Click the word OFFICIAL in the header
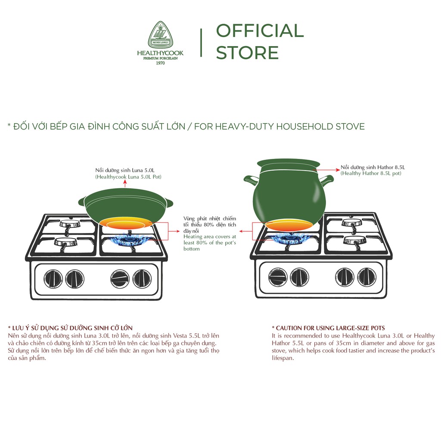coord(260,31)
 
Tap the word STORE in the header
coord(247,53)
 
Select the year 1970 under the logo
coord(160,63)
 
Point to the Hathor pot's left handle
coord(250,179)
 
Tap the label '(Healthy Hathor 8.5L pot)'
coord(371,173)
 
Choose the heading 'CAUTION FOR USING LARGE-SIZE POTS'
coord(328,328)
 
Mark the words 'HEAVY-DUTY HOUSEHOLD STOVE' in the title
coord(292,127)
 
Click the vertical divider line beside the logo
coord(201,43)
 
